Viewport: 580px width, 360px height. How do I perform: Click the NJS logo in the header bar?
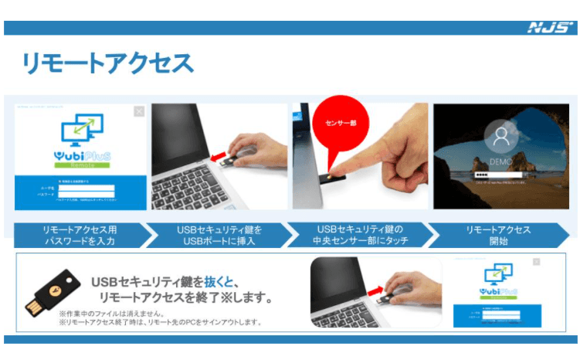(x=549, y=28)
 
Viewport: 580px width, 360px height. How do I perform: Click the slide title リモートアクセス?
(x=107, y=63)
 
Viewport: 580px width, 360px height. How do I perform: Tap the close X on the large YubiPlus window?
(x=139, y=111)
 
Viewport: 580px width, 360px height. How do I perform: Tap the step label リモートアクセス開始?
(x=498, y=236)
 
